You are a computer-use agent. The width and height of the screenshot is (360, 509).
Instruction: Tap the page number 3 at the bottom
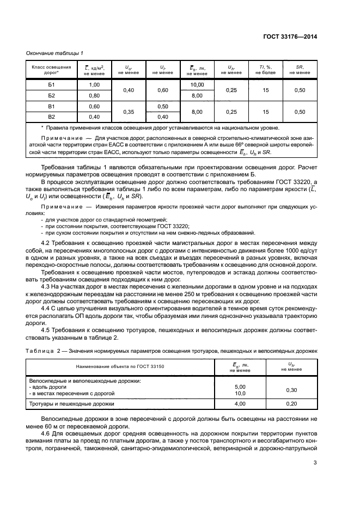tap(315, 463)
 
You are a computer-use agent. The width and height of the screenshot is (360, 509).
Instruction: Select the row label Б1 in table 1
tap(52, 85)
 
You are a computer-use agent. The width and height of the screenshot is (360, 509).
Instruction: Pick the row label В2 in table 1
tap(52, 116)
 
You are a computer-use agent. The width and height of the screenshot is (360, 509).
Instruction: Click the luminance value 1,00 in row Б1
tap(94, 85)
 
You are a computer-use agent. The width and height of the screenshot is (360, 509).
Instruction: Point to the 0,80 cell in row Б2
tap(94, 95)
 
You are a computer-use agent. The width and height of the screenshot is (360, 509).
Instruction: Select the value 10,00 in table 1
tap(197, 85)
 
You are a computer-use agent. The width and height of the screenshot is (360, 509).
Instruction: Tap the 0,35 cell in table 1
tap(129, 111)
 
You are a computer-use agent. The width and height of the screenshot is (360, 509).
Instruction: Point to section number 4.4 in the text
tap(47, 308)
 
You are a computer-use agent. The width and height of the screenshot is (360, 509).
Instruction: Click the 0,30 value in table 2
tap(291, 390)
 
